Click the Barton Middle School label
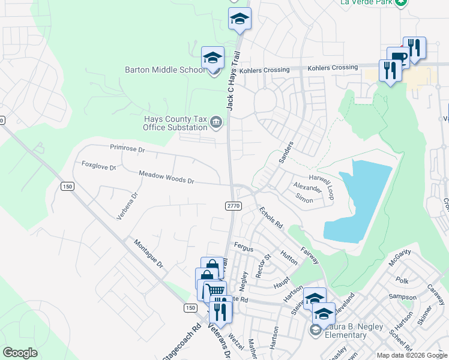point(164,70)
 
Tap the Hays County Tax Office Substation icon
point(216,124)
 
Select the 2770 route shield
point(234,206)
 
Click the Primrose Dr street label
point(128,148)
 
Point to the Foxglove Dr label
point(98,166)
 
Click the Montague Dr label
point(148,254)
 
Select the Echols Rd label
point(271,218)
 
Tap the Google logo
point(20,353)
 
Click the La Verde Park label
point(366,2)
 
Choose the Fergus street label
point(244,247)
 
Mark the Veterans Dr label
point(219,343)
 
